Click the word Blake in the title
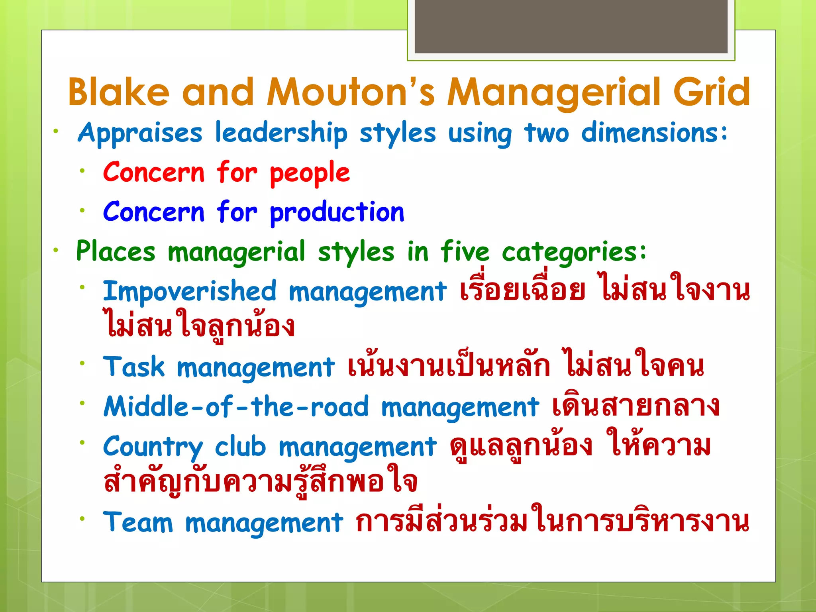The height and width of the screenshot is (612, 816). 119,92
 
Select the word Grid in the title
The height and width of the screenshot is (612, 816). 712,92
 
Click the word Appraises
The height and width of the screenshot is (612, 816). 140,133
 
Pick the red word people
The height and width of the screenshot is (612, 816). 310,173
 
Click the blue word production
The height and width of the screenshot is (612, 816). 337,212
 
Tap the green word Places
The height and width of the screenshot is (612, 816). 116,252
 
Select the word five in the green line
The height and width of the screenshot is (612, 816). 465,252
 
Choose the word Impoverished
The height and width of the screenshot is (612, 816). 190,291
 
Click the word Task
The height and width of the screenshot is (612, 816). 134,367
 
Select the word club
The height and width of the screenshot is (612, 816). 240,446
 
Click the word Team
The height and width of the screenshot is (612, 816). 138,522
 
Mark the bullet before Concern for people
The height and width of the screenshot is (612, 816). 82,171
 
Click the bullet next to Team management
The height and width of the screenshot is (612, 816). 82,519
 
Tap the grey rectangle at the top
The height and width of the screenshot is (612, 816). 571,26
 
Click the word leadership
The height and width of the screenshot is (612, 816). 281,133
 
